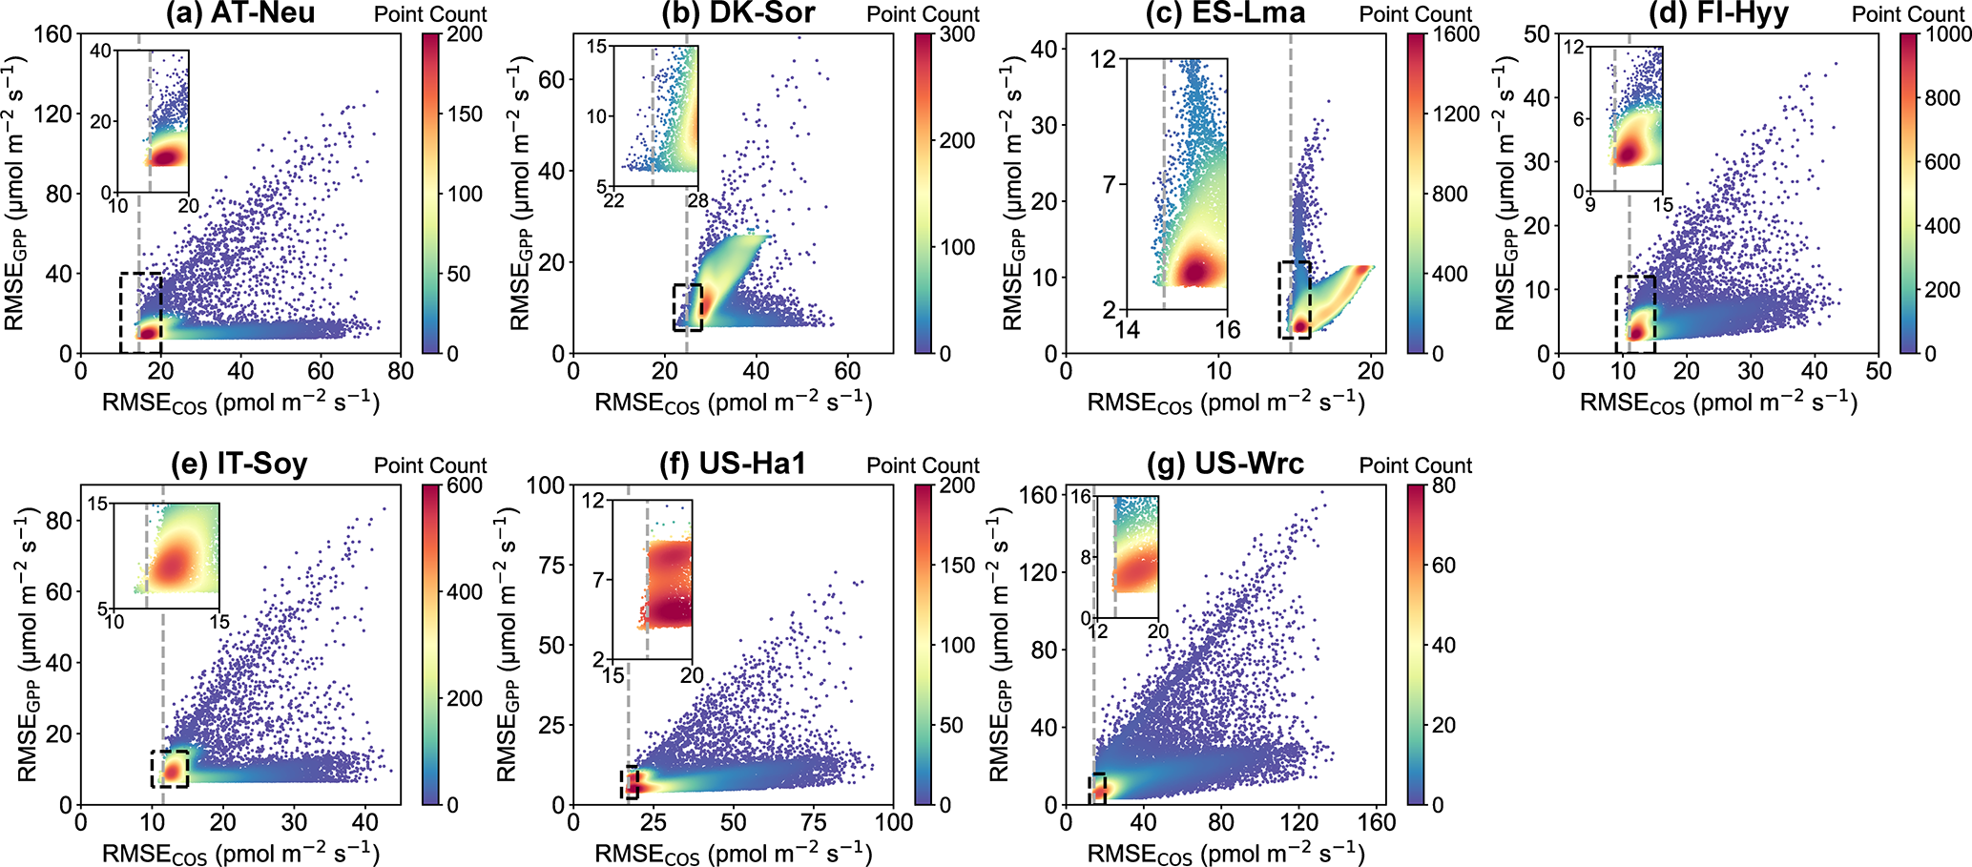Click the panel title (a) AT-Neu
(239, 13)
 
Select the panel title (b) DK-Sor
(737, 13)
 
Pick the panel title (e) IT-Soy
(239, 464)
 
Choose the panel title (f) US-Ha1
(733, 464)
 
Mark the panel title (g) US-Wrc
(1228, 464)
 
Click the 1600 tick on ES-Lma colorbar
(1456, 34)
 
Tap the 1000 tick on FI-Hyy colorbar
(1948, 34)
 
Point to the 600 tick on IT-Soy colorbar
(466, 485)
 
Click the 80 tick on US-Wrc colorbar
(1444, 485)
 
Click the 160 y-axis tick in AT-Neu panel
(53, 34)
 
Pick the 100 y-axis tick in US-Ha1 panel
(545, 485)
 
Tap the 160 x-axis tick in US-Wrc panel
(1377, 822)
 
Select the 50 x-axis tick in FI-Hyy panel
(1879, 370)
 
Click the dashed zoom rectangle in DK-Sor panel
(687, 307)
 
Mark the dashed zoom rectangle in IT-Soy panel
(170, 769)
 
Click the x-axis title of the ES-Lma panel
(1226, 403)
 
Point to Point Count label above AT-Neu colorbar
(430, 14)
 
